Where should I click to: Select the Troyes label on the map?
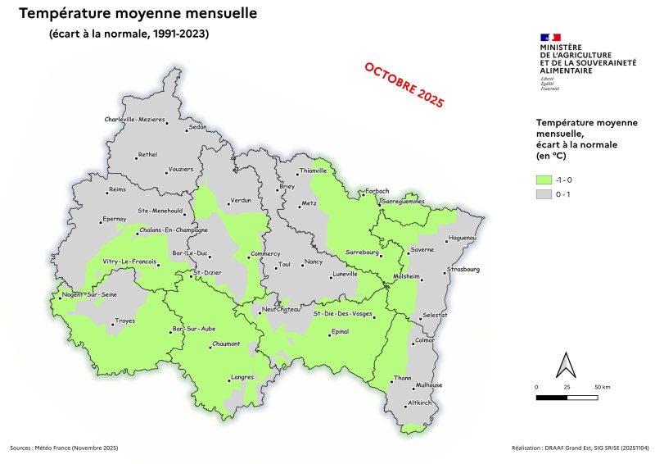[x=125, y=320]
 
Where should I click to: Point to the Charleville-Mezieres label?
[x=135, y=120]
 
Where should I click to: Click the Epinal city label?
[x=339, y=331]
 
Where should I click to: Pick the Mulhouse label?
[x=429, y=384]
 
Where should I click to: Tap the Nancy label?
[x=314, y=262]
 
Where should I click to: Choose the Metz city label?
[x=309, y=202]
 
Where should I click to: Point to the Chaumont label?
[x=225, y=344]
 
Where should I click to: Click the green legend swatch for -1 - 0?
[x=543, y=179]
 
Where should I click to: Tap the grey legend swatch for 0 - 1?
[x=543, y=194]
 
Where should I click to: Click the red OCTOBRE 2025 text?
[x=404, y=84]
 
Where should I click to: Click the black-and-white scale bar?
[x=567, y=397]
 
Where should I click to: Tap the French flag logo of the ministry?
[x=550, y=37]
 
